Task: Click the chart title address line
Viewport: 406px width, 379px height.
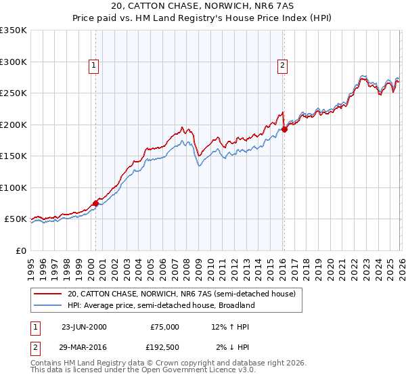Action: [x=203, y=6]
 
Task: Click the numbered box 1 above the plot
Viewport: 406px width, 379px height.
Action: [x=93, y=66]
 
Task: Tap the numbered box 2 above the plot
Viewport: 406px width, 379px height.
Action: [x=281, y=66]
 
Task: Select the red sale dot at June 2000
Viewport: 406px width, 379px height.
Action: [x=95, y=203]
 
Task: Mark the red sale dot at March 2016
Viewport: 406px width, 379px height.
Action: [x=284, y=129]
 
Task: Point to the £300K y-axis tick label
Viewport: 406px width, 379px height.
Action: [x=14, y=62]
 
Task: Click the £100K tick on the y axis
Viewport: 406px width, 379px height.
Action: [x=14, y=187]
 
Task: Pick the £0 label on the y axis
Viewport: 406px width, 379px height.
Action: [x=20, y=250]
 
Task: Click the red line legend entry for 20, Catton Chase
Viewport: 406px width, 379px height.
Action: [x=181, y=294]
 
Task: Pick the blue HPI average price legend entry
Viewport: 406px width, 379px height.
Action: [x=160, y=305]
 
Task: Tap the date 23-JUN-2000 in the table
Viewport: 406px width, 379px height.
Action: [x=84, y=327]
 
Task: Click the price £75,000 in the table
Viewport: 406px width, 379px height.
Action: [x=164, y=327]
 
